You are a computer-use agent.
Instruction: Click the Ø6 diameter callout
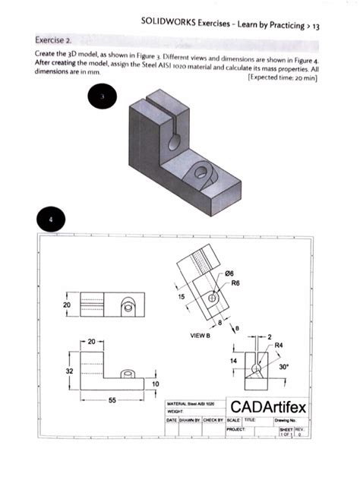[x=232, y=274]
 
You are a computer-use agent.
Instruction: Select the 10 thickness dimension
[x=156, y=385]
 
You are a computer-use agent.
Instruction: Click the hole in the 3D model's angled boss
[x=202, y=172]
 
